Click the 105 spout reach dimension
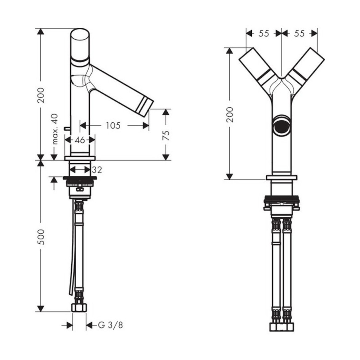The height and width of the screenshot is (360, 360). (x=113, y=126)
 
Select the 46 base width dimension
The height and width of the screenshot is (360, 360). (x=80, y=140)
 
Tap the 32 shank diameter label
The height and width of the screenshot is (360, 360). (x=97, y=170)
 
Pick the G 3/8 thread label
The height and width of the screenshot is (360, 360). (x=110, y=325)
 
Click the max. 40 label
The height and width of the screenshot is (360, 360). (x=55, y=129)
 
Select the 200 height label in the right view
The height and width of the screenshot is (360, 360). (x=230, y=114)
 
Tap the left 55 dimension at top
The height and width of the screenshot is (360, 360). (x=264, y=33)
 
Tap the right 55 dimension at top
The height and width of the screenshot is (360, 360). (x=299, y=33)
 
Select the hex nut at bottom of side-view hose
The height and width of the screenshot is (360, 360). (x=79, y=307)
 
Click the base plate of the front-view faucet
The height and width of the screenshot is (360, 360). (x=282, y=178)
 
